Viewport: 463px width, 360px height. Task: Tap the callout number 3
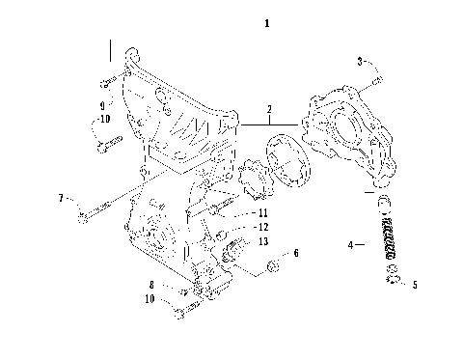click(x=360, y=61)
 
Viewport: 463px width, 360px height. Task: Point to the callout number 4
click(x=352, y=247)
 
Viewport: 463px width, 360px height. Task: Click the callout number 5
click(x=415, y=285)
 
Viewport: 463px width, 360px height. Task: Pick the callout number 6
click(x=296, y=253)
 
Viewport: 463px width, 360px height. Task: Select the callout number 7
click(x=60, y=199)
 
